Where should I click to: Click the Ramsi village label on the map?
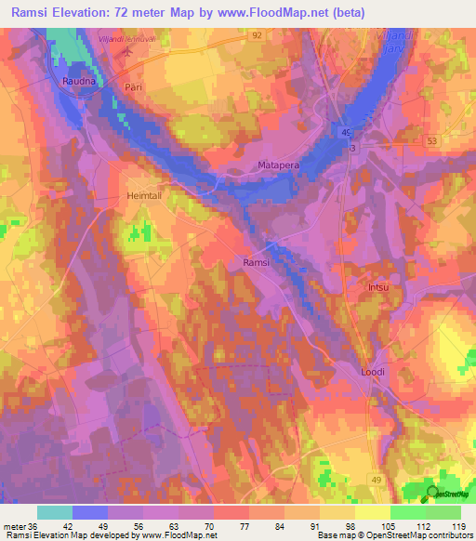[x=256, y=262]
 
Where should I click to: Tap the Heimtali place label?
[x=144, y=196]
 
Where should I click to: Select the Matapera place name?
[x=276, y=165]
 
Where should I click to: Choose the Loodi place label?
[x=372, y=372]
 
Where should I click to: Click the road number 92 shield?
[x=255, y=33]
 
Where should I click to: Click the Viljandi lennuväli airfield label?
[x=124, y=38]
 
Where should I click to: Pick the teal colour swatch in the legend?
[x=55, y=512]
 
